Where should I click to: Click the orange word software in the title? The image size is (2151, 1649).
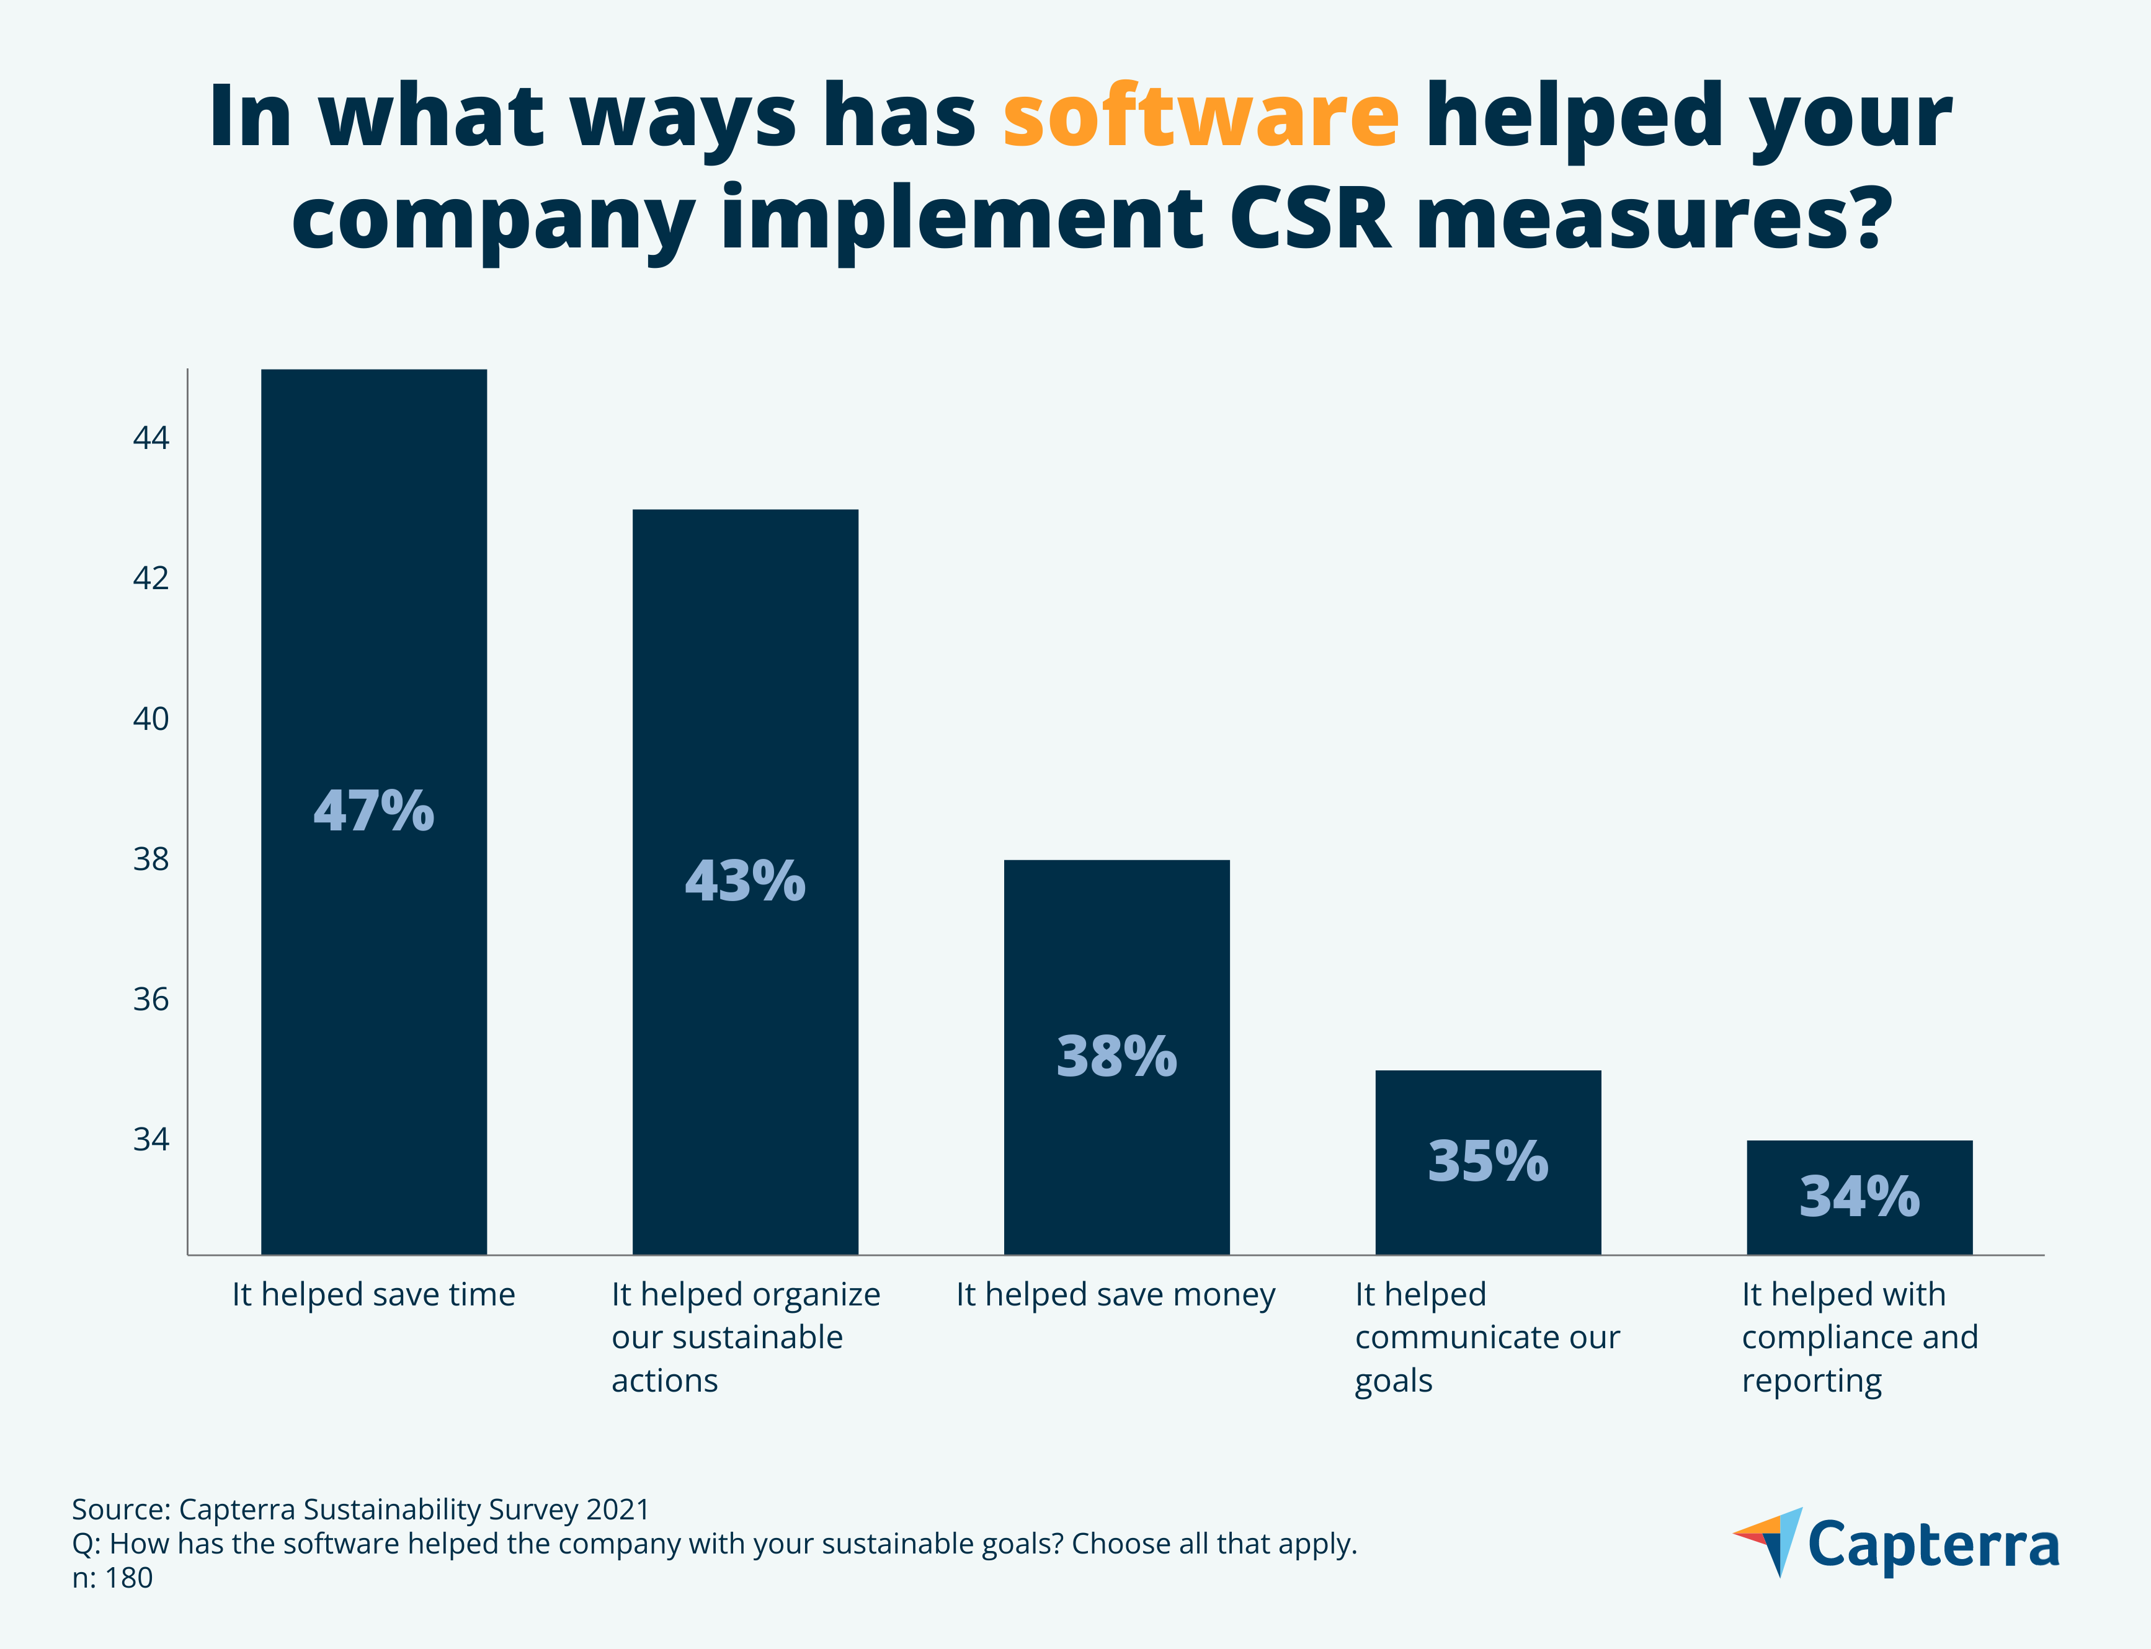1200,118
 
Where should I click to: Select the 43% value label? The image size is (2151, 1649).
745,881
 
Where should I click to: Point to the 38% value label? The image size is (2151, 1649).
1116,1057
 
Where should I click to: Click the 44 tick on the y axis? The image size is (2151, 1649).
151,438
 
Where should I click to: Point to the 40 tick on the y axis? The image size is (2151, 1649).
151,719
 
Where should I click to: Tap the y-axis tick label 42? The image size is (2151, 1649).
151,578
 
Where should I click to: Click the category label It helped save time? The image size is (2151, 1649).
373,1295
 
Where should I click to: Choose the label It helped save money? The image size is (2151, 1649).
1115,1295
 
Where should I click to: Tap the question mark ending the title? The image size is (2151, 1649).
1863,218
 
